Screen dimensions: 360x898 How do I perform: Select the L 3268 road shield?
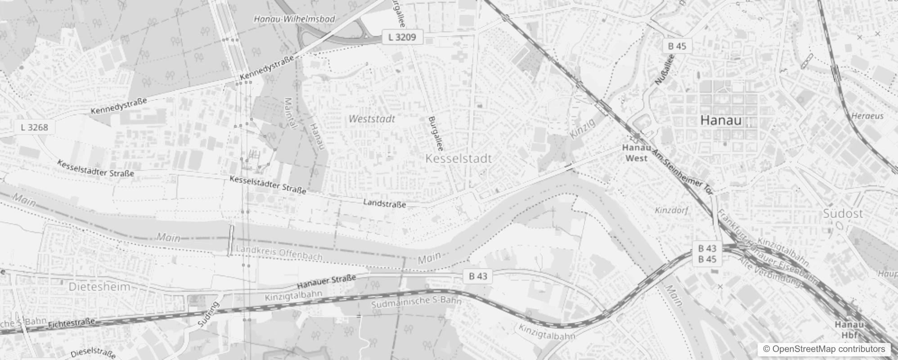coord(34,127)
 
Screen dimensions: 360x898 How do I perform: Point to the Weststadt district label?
coord(372,119)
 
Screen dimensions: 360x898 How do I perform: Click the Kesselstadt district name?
coord(458,158)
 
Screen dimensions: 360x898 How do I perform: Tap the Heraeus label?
coord(867,116)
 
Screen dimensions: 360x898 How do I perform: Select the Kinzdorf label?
coord(671,210)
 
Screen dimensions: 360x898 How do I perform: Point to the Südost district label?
coord(843,214)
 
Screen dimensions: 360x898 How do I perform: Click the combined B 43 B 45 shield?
coord(707,254)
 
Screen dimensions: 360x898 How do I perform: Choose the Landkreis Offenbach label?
coord(279,253)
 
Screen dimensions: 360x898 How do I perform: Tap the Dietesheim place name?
coord(99,287)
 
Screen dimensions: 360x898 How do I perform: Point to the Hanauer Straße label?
coord(326,282)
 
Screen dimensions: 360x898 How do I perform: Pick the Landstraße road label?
coord(384,204)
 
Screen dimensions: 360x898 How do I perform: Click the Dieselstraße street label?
coord(93,352)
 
